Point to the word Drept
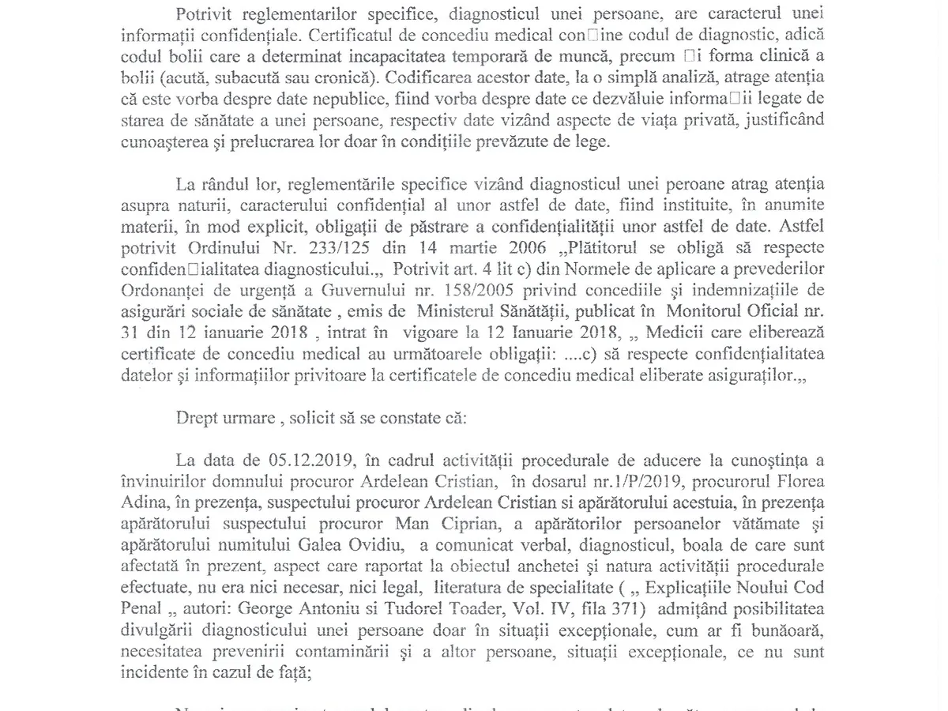197,418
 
